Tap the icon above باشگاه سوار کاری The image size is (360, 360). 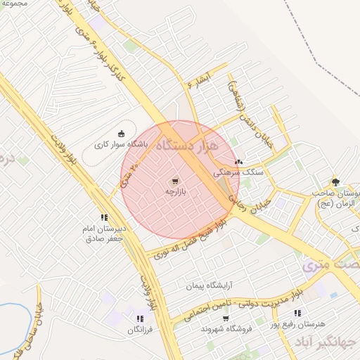(x=122, y=134)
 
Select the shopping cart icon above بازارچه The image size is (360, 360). (x=174, y=180)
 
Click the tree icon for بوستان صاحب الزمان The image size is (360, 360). (x=335, y=181)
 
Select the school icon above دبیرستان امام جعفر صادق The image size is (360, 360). (x=104, y=217)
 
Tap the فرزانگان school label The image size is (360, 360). (x=139, y=329)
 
